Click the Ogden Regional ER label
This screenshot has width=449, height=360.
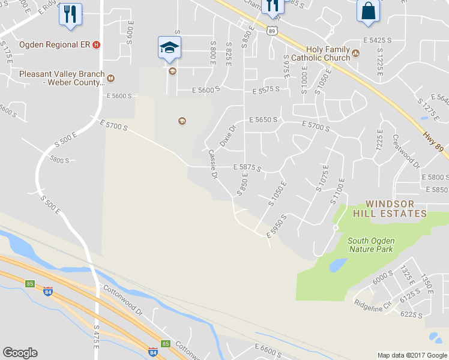pyautogui.click(x=55, y=44)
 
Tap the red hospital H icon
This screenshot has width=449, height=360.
pyautogui.click(x=97, y=44)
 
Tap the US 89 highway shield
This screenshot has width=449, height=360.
pyautogui.click(x=272, y=30)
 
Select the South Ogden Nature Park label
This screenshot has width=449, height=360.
pyautogui.click(x=370, y=245)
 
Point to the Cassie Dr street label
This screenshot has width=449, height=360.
pyautogui.click(x=212, y=164)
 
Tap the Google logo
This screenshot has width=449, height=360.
pyautogui.click(x=20, y=353)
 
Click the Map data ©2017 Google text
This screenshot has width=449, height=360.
pyautogui.click(x=412, y=355)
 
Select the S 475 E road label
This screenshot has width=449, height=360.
pyautogui.click(x=97, y=338)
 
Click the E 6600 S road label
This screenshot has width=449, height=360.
pyautogui.click(x=273, y=348)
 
